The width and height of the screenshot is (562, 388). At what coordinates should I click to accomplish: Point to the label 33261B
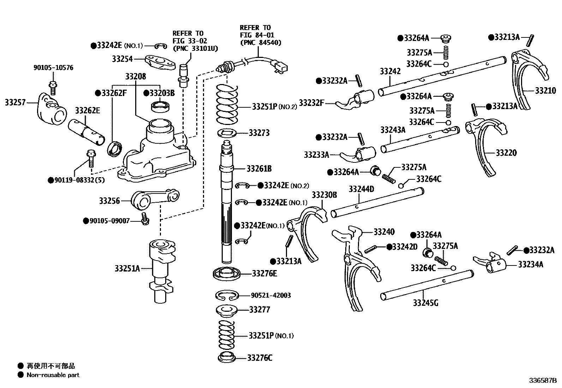pyautogui.click(x=259, y=168)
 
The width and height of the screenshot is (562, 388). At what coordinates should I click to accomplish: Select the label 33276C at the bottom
pyautogui.click(x=259, y=358)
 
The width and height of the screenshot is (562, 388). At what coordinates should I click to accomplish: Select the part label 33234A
pyautogui.click(x=530, y=264)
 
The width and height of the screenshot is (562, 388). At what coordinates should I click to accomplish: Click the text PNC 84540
pyautogui.click(x=261, y=43)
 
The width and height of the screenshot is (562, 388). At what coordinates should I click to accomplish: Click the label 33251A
pyautogui.click(x=127, y=268)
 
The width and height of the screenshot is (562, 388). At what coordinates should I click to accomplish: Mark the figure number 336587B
pyautogui.click(x=542, y=381)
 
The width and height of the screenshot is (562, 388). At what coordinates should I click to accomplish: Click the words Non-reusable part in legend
pyautogui.click(x=53, y=375)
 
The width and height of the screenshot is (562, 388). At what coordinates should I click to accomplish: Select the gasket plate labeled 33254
pyautogui.click(x=160, y=62)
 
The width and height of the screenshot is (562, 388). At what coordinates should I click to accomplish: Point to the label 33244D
pyautogui.click(x=361, y=189)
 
